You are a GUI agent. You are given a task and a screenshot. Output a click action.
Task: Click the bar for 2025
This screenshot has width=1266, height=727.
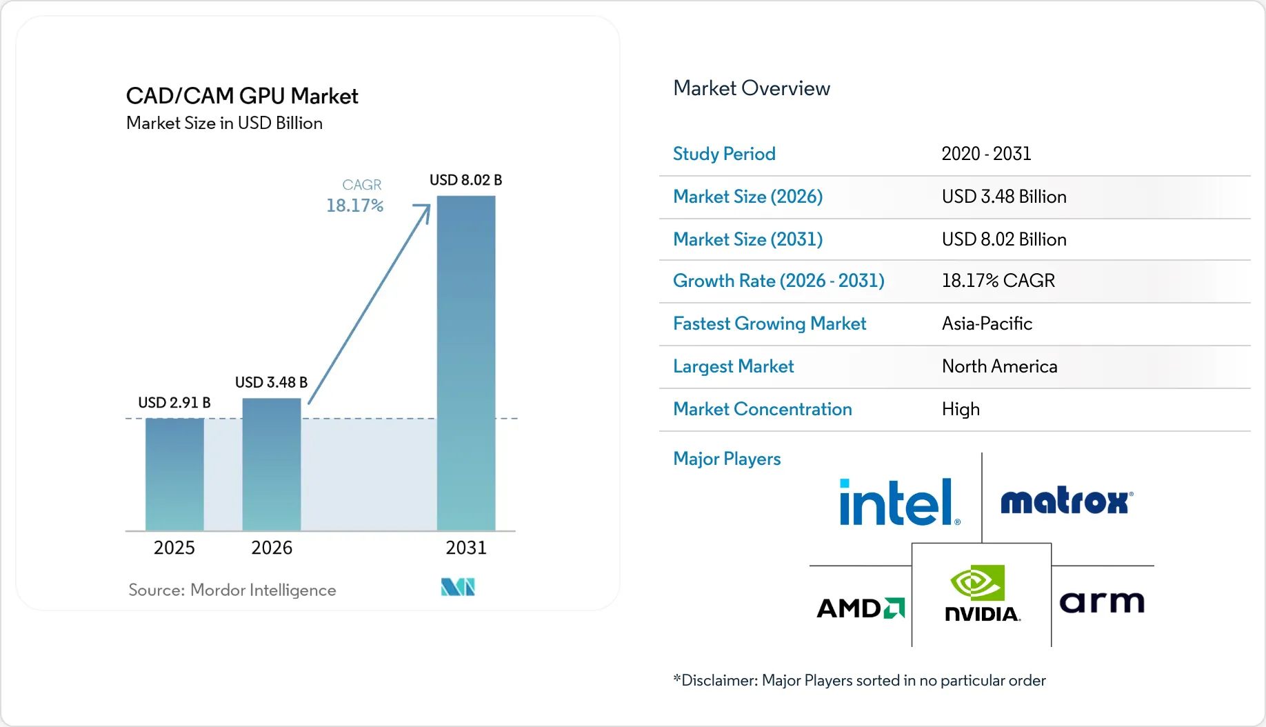(x=174, y=475)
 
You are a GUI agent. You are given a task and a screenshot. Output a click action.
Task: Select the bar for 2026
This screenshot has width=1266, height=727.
(x=272, y=464)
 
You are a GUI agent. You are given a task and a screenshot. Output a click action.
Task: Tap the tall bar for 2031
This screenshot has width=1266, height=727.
(x=466, y=363)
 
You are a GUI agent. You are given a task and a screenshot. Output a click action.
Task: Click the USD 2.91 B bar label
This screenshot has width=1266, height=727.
(x=174, y=402)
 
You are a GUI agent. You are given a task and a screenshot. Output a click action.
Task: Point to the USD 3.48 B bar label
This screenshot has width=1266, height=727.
(x=272, y=382)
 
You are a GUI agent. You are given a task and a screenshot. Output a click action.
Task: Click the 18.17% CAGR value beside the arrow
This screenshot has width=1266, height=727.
(x=354, y=206)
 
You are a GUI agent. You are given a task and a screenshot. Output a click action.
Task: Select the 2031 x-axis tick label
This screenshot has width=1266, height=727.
(x=466, y=548)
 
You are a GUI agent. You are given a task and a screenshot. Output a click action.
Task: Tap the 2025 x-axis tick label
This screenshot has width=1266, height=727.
(x=174, y=548)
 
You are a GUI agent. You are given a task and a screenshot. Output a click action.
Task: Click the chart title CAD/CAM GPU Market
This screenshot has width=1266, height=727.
(x=242, y=96)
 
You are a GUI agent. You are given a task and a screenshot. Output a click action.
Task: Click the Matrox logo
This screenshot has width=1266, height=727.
(x=1067, y=501)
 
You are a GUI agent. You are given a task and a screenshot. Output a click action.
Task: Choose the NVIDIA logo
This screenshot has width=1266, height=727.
(x=982, y=593)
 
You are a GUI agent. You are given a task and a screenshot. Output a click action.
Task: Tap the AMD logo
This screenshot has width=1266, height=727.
(x=861, y=608)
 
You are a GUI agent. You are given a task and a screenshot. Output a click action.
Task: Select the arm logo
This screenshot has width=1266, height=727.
(x=1102, y=602)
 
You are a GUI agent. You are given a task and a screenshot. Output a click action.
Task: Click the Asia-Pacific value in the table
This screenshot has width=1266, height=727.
(x=987, y=323)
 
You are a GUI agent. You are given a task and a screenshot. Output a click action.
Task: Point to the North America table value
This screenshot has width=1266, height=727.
(x=999, y=366)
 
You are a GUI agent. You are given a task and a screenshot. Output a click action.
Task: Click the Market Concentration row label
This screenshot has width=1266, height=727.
(x=763, y=409)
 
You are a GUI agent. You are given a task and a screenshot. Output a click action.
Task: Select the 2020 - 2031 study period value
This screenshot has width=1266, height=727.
(x=986, y=154)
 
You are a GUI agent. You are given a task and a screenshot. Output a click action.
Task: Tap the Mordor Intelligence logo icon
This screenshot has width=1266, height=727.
(x=458, y=587)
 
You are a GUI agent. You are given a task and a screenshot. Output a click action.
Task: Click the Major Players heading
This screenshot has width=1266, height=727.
(x=727, y=459)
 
